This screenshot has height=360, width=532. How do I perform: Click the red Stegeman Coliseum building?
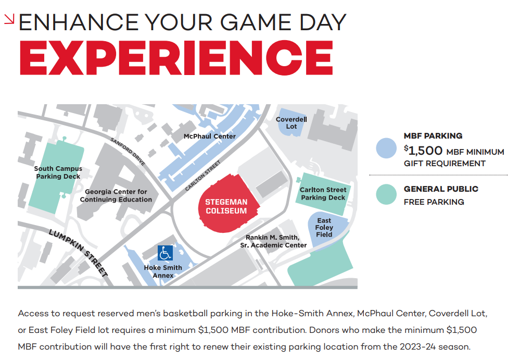point(229,204)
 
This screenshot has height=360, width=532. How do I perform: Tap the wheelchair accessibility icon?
point(165,253)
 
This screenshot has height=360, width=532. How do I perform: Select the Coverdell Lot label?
point(291,123)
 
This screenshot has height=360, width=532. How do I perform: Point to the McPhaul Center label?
point(210,136)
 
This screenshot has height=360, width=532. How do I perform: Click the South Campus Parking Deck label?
point(58,172)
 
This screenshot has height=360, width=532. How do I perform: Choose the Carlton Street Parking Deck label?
point(323,194)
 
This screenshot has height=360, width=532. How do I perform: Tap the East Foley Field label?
point(324,228)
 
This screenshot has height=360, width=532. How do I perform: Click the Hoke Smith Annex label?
point(163,272)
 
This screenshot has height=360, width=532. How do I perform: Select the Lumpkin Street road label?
point(79,253)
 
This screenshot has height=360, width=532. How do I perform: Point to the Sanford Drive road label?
point(128,152)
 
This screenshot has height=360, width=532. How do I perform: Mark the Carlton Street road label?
point(203,175)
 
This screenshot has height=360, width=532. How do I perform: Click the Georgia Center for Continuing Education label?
point(116,195)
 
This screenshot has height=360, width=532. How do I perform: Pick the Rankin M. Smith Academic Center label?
point(273,241)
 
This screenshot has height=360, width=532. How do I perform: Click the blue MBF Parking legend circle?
point(386,148)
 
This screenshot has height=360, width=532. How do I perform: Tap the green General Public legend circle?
point(386,194)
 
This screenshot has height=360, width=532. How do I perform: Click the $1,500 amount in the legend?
point(423,151)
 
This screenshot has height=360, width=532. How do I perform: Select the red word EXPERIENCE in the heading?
point(176,57)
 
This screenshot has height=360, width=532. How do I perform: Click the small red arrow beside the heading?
point(9,19)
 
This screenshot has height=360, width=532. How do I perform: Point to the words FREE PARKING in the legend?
point(434,202)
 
